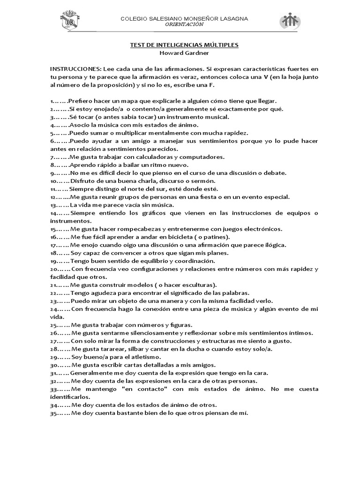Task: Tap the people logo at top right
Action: [290, 22]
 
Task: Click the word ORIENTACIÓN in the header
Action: [185, 24]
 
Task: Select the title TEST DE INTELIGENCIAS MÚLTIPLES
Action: [184, 45]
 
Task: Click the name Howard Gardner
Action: [184, 53]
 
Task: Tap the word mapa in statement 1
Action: [128, 101]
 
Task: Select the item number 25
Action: [53, 325]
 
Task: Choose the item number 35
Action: [53, 413]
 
